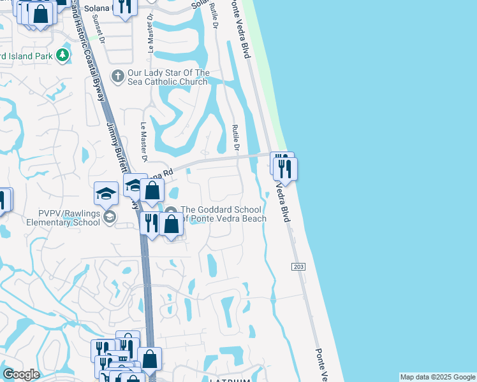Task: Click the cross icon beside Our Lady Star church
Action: coord(117,77)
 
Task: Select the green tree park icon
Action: coord(62,56)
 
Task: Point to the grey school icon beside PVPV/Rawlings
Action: coord(109,218)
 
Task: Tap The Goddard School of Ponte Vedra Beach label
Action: coord(221,214)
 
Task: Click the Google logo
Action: coord(21,374)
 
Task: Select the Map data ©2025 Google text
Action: coord(437,377)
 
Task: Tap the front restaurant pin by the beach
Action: coord(285,169)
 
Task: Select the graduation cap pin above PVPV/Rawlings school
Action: coord(106,193)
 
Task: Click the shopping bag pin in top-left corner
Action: coord(41,14)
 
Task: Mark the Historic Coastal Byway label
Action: coord(92,51)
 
